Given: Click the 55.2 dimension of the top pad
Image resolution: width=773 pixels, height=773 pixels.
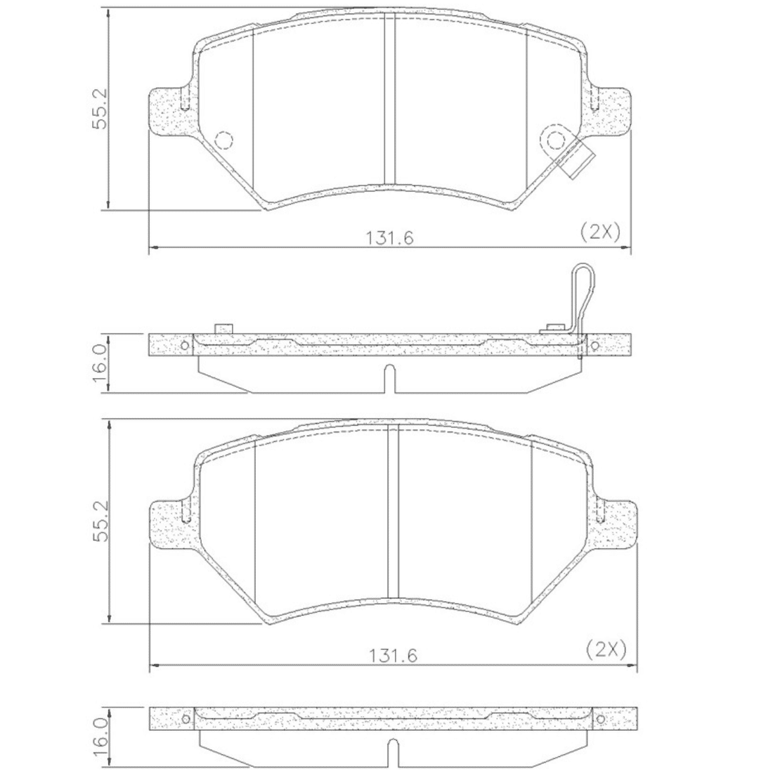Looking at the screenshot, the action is pyautogui.click(x=100, y=108).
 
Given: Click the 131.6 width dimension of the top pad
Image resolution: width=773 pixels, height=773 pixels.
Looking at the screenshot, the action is pyautogui.click(x=389, y=238).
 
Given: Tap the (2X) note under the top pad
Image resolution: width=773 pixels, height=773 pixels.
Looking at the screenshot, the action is pyautogui.click(x=599, y=230).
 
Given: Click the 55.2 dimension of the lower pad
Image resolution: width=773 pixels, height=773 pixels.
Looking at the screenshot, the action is pyautogui.click(x=100, y=521).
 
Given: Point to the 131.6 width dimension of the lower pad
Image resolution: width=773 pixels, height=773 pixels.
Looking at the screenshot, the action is pyautogui.click(x=393, y=656).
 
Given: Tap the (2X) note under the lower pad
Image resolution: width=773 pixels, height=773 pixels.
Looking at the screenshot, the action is pyautogui.click(x=606, y=649).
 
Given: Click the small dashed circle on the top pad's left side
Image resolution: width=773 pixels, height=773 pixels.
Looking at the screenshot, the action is pyautogui.click(x=224, y=141).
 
